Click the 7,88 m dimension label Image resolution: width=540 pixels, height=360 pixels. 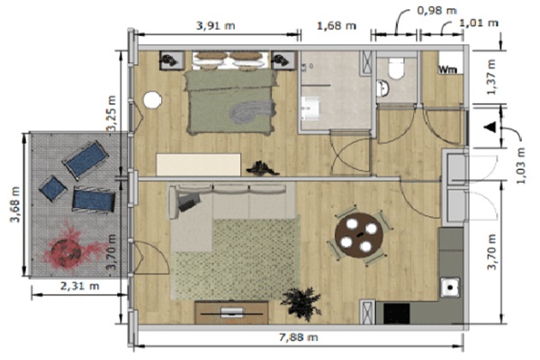point(298,337)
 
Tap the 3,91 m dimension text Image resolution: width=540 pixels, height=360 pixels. point(216,25)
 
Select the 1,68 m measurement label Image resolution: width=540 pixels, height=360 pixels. point(336,25)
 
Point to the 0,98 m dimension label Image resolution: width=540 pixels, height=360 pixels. point(436,10)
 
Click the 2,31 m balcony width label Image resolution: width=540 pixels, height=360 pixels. point(80,286)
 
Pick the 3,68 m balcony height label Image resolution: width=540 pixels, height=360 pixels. point(16,204)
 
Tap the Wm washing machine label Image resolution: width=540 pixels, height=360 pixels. point(447,69)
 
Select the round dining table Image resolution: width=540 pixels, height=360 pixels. point(359,235)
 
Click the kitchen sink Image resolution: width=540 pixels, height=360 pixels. point(450,287)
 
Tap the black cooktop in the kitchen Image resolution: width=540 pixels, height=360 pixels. point(396,313)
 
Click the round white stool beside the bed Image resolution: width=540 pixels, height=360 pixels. point(152,100)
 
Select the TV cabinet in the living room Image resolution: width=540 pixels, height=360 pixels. point(231,312)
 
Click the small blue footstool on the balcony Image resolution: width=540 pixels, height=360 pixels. point(53,188)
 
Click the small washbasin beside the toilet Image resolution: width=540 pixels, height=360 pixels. point(382,88)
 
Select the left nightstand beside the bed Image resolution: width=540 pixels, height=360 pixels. point(172,60)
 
